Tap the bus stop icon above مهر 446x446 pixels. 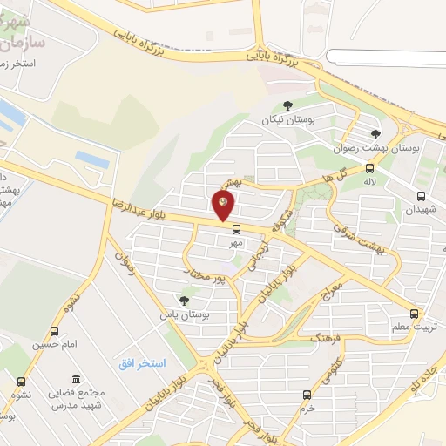point(235,230)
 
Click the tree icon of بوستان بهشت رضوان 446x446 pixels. point(375,133)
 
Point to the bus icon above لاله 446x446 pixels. point(370,168)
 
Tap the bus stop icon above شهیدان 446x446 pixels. point(422,197)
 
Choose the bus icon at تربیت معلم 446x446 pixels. point(414,314)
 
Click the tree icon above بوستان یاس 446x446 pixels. point(184,301)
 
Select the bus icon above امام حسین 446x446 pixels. point(55,332)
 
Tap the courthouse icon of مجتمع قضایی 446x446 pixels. point(77,380)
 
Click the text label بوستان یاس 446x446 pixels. point(179,314)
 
